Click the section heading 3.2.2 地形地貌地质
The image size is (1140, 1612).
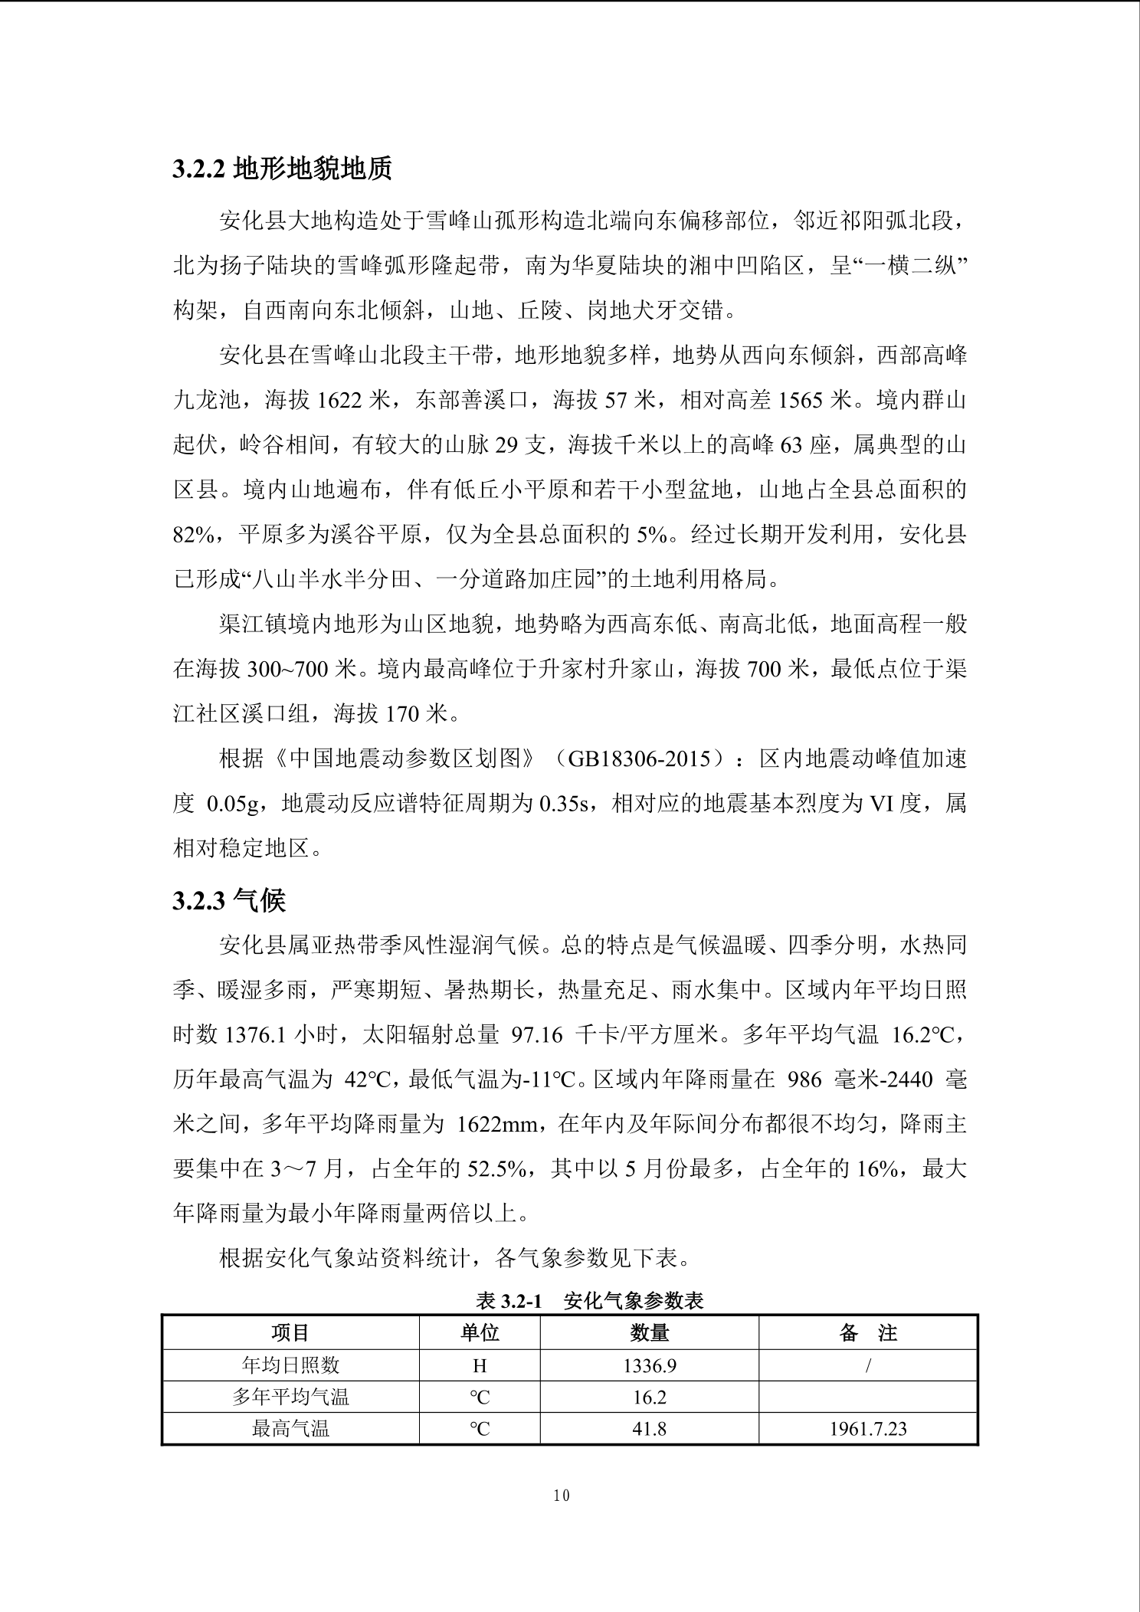click(282, 169)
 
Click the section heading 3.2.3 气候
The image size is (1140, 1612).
click(229, 901)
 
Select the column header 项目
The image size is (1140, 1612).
click(290, 1333)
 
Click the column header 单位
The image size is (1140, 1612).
click(480, 1333)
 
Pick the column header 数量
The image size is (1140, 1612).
click(649, 1333)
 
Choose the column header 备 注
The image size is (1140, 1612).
click(868, 1333)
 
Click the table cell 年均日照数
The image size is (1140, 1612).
click(290, 1365)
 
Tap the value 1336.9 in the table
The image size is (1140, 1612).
click(649, 1365)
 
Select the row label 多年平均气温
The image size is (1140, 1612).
click(290, 1397)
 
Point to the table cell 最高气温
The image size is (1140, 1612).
click(290, 1428)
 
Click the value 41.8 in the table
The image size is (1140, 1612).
click(649, 1428)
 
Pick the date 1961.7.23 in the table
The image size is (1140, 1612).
click(868, 1429)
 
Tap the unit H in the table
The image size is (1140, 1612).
click(480, 1365)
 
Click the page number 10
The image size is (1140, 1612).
click(562, 1496)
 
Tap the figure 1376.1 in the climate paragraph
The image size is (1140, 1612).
click(255, 1035)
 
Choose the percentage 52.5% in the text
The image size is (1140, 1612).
click(498, 1169)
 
